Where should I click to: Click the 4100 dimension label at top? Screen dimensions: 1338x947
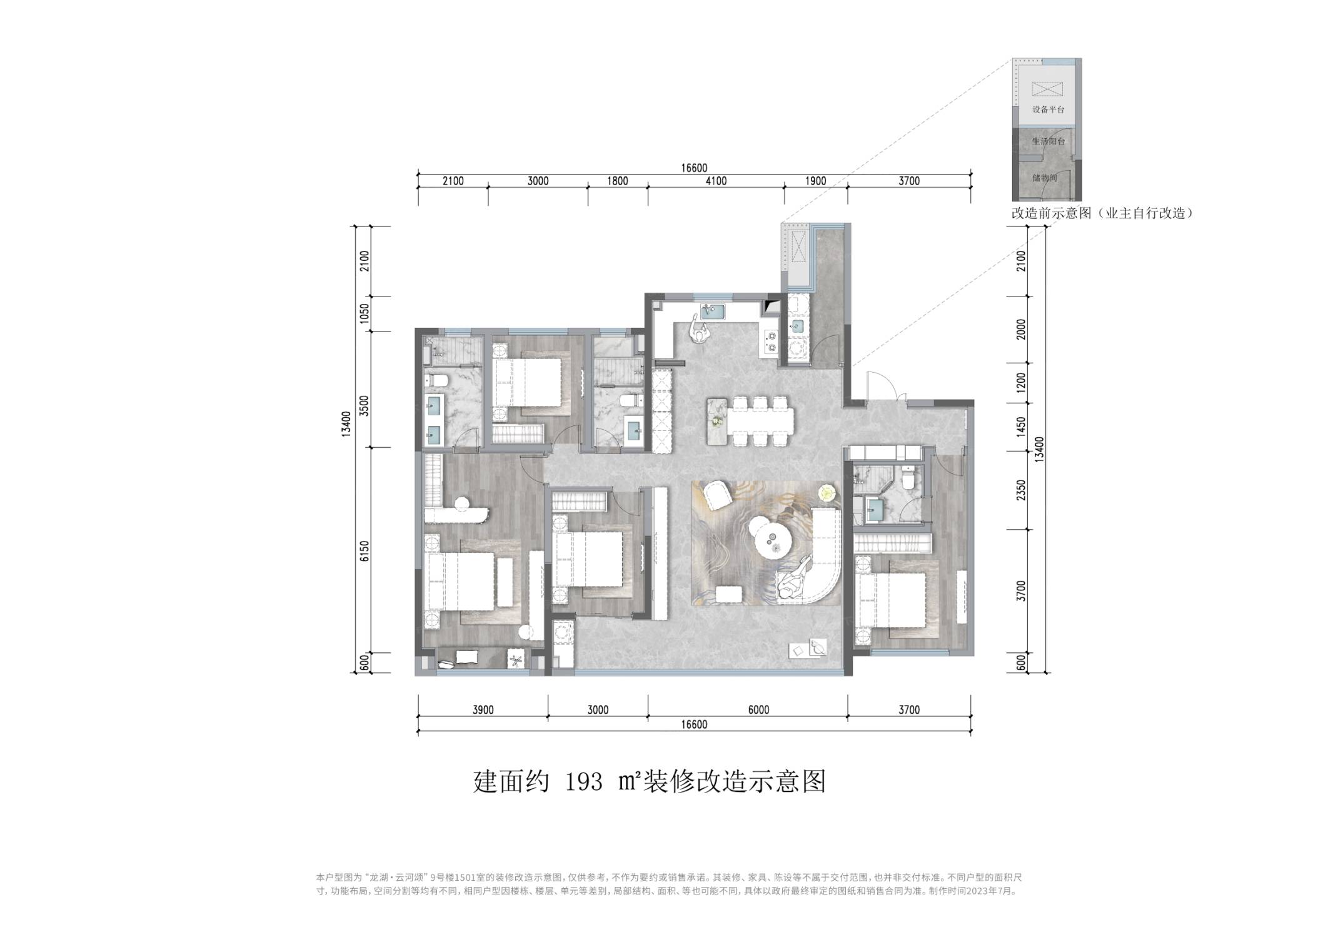tap(716, 181)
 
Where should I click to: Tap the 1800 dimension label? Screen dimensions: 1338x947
tap(617, 181)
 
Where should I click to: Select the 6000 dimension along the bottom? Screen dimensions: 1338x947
tap(758, 710)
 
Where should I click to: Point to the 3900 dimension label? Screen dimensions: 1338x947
tap(483, 710)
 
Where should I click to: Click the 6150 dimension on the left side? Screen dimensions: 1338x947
tap(365, 551)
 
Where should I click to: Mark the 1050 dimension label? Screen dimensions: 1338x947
tap(365, 314)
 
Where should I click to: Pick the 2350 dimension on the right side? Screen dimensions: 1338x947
tap(1021, 490)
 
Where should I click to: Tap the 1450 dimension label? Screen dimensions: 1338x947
tap(1021, 427)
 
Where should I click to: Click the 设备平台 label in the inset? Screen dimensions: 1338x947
tap(1049, 109)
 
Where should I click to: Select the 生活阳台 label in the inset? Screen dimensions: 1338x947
tap(1049, 141)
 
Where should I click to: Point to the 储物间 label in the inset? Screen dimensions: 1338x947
tap(1045, 178)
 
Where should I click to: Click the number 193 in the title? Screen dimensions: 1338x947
tap(584, 781)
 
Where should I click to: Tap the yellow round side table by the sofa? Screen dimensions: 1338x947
tap(827, 493)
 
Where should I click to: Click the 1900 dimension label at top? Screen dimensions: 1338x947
tap(815, 181)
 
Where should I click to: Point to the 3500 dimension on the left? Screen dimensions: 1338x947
tap(365, 407)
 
